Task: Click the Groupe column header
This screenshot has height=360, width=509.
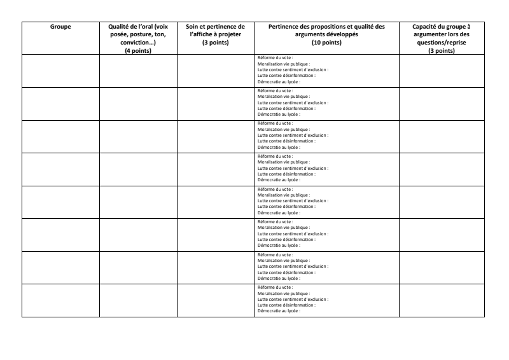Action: pyautogui.click(x=60, y=27)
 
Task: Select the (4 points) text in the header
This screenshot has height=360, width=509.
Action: pyautogui.click(x=138, y=50)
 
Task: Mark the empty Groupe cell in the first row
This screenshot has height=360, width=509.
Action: pyautogui.click(x=60, y=71)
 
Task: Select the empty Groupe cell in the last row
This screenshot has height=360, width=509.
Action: pyautogui.click(x=60, y=300)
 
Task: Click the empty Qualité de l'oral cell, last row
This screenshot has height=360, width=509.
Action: pyautogui.click(x=138, y=300)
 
